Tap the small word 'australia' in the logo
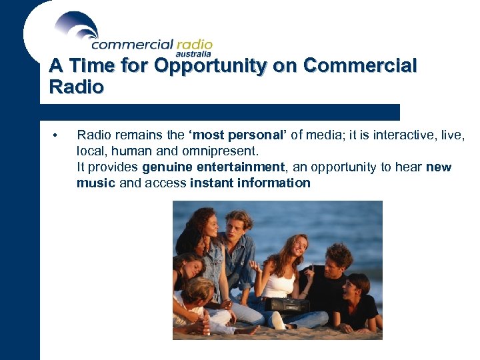(193, 53)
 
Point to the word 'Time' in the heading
(89, 66)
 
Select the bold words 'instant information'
(250, 183)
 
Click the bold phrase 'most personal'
(246, 135)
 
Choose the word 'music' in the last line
(96, 183)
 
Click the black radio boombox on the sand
(287, 305)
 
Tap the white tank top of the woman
(279, 284)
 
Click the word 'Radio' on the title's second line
(76, 87)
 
